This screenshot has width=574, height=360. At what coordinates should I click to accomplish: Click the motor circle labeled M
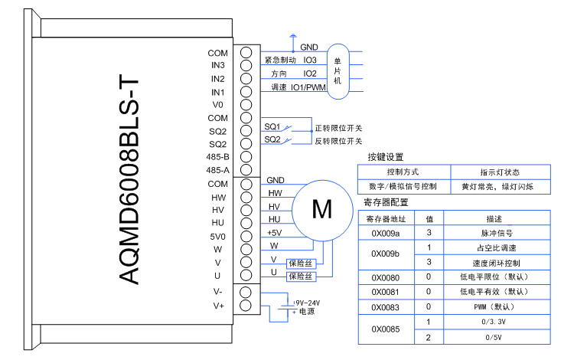click(x=323, y=209)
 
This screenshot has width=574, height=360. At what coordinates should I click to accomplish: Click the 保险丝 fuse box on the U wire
click(x=300, y=273)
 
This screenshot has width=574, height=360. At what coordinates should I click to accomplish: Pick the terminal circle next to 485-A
click(x=246, y=170)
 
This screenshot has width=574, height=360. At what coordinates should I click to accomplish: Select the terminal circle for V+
click(x=246, y=306)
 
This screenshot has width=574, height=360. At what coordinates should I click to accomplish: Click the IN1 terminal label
click(x=218, y=92)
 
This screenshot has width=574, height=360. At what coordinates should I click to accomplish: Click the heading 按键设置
click(x=385, y=156)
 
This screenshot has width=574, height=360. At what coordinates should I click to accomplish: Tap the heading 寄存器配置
click(x=387, y=203)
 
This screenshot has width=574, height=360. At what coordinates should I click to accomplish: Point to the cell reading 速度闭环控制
click(x=496, y=262)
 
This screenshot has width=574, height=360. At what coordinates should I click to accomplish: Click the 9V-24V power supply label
click(x=306, y=303)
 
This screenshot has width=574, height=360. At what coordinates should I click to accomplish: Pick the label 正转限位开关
click(x=338, y=128)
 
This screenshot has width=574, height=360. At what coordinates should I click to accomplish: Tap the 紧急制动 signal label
click(x=279, y=60)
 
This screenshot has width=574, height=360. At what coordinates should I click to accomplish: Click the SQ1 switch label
click(x=272, y=126)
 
